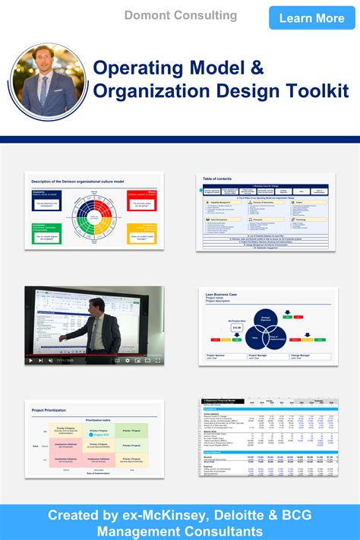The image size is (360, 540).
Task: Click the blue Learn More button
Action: pyautogui.click(x=311, y=17)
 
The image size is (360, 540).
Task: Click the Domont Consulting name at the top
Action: pyautogui.click(x=181, y=15)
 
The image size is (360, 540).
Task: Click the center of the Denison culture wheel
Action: pyautogui.click(x=93, y=219)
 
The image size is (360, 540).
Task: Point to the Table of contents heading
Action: pyautogui.click(x=218, y=178)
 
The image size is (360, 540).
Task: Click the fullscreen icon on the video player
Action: pyautogui.click(x=157, y=361)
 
